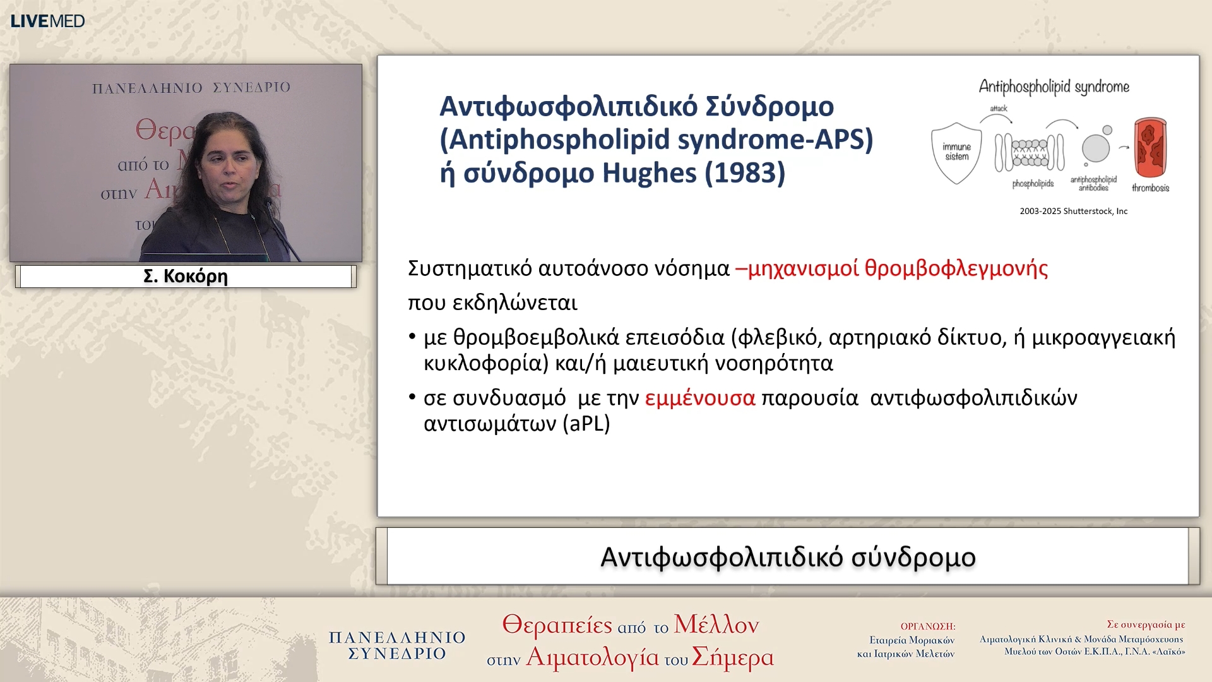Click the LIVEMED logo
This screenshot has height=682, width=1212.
(x=47, y=21)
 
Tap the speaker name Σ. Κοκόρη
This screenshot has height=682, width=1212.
(x=186, y=277)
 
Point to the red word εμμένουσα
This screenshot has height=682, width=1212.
(x=699, y=398)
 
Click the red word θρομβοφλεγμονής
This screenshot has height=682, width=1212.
(x=956, y=268)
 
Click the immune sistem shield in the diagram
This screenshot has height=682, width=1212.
(x=956, y=152)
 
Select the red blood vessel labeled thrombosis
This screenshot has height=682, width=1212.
(x=1150, y=148)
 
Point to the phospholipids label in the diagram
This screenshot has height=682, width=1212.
(x=1033, y=184)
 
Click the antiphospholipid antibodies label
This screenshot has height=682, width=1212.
(x=1093, y=184)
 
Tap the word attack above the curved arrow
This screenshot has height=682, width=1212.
(x=999, y=109)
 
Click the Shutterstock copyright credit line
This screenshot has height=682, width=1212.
(x=1073, y=212)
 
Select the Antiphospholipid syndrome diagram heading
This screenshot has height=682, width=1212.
(x=1054, y=87)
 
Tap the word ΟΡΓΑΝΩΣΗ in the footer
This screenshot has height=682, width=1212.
(x=927, y=626)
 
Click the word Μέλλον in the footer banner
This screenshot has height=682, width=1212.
(x=716, y=625)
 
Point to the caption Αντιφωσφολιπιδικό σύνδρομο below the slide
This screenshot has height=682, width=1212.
(x=787, y=558)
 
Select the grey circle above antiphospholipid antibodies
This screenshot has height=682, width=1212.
(x=1095, y=148)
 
